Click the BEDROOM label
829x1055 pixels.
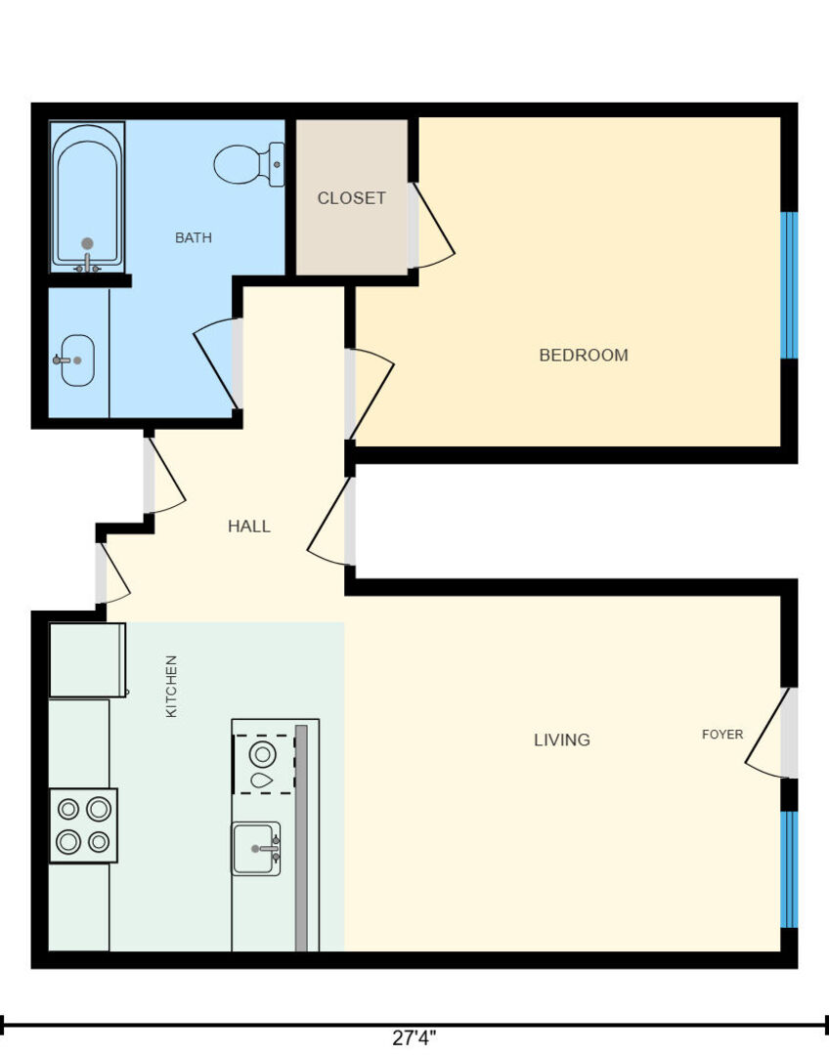tap(584, 355)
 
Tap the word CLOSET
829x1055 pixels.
tap(352, 197)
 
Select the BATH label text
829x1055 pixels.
tap(194, 237)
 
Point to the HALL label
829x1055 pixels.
tap(249, 526)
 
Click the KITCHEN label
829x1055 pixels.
tap(172, 687)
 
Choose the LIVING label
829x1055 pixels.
tap(562, 739)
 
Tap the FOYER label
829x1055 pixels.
tap(722, 734)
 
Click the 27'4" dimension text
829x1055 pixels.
tap(414, 1037)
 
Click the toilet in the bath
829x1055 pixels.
tap(249, 164)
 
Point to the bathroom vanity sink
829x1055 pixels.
tap(77, 359)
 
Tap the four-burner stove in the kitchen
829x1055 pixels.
tap(83, 825)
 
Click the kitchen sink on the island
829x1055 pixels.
tap(256, 849)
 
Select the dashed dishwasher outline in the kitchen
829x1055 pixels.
tap(264, 764)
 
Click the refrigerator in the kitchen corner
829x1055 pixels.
tap(88, 660)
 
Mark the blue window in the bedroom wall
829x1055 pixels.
tap(789, 285)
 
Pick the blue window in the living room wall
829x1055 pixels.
tap(789, 869)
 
